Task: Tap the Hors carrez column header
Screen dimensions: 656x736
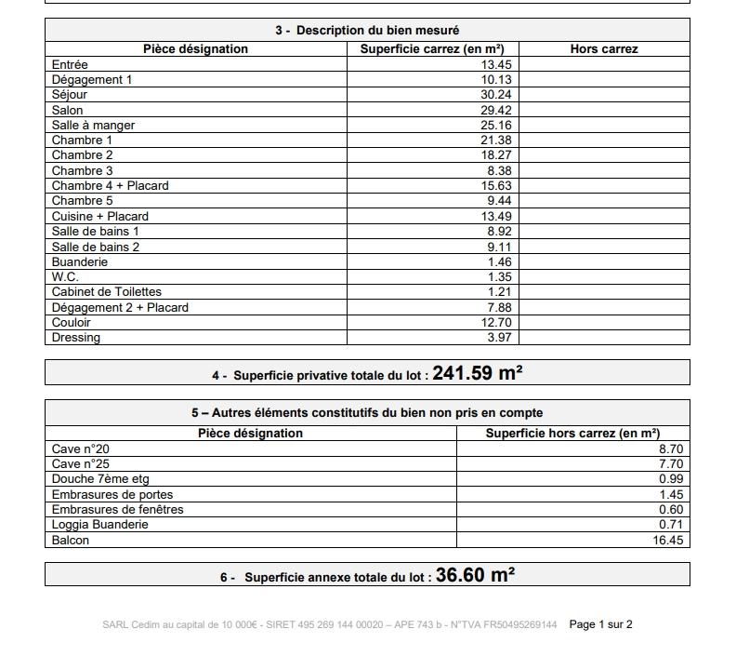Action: coord(603,49)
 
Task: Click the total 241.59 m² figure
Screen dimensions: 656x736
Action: coord(477,373)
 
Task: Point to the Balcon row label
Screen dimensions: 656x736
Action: coord(71,540)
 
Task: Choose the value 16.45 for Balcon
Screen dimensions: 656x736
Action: coord(667,540)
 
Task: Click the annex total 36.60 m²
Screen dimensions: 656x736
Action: coord(475,575)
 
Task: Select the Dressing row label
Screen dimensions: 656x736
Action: coord(76,338)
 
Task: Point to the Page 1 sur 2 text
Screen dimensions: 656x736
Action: coord(600,624)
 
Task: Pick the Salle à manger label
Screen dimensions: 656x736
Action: coord(93,125)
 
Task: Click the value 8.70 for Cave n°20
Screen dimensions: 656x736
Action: coord(670,448)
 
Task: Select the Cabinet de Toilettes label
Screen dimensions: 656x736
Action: coord(107,292)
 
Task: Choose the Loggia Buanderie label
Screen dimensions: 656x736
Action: coord(100,525)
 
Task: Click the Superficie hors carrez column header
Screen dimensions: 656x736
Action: coord(572,434)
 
